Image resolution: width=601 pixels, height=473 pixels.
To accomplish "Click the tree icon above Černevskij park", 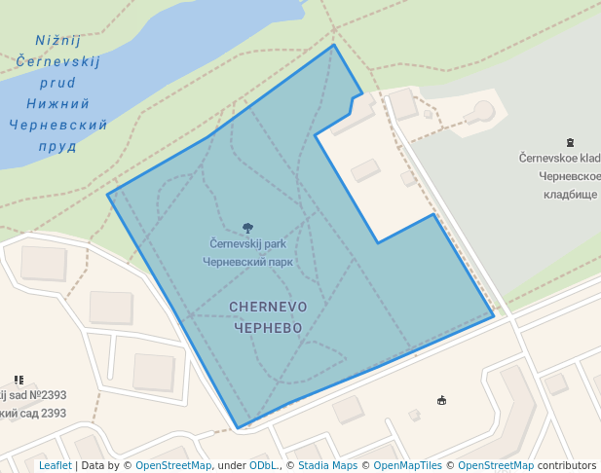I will (247, 229).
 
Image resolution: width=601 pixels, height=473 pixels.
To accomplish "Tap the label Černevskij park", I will (247, 243).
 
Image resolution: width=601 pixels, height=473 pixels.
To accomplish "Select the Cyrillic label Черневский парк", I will (247, 261).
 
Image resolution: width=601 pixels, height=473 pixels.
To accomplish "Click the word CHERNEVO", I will (268, 307).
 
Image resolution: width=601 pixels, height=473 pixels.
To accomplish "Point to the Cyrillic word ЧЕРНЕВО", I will (268, 328).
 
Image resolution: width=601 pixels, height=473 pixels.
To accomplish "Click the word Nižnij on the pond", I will (57, 41).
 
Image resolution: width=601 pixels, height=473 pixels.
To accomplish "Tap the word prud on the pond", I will (57, 83).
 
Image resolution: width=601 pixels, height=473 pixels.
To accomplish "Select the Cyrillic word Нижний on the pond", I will (57, 103).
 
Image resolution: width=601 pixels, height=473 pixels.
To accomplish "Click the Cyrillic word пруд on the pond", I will (57, 146).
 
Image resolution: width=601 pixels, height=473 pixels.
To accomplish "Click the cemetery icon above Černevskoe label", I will (569, 143).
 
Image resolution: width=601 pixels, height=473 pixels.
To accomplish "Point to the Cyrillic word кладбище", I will (570, 195).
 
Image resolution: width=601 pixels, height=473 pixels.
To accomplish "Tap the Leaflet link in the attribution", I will (55, 465).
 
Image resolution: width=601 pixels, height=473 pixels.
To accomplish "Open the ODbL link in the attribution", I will (263, 465).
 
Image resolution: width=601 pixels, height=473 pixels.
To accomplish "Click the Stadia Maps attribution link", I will (327, 465).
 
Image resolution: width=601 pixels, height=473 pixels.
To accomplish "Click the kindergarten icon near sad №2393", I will (19, 380).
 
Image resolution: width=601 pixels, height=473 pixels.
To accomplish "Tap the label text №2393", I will (47, 395).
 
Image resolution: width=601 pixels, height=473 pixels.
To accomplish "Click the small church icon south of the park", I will (441, 399).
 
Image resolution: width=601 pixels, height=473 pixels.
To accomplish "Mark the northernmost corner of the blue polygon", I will (334, 45).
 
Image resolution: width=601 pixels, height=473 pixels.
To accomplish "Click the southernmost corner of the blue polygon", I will (238, 427).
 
